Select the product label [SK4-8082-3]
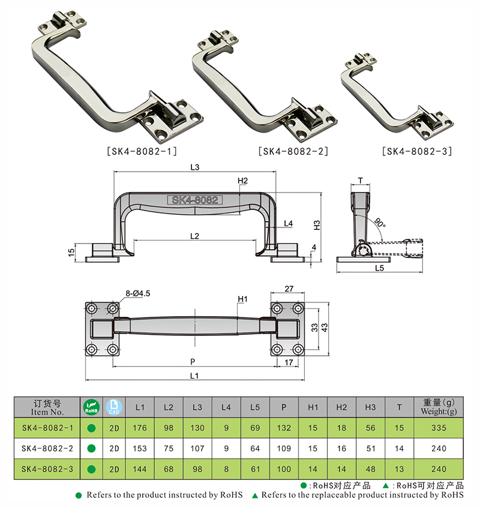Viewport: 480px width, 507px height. (x=416, y=151)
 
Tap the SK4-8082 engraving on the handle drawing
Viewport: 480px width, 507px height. (x=194, y=200)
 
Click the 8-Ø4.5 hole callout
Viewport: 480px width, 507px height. (x=137, y=293)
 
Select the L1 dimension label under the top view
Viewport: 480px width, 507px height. (x=194, y=375)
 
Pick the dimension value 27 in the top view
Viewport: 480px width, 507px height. (x=289, y=289)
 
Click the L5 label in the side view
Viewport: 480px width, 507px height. (x=379, y=268)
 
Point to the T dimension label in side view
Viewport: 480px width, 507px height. (x=360, y=180)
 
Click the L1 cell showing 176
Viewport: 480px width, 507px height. (x=140, y=428)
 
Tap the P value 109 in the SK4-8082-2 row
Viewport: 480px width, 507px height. (x=283, y=448)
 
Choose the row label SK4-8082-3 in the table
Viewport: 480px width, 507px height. (x=47, y=469)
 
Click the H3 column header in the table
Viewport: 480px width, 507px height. (x=370, y=407)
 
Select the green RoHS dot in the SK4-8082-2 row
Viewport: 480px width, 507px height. (x=91, y=448)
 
